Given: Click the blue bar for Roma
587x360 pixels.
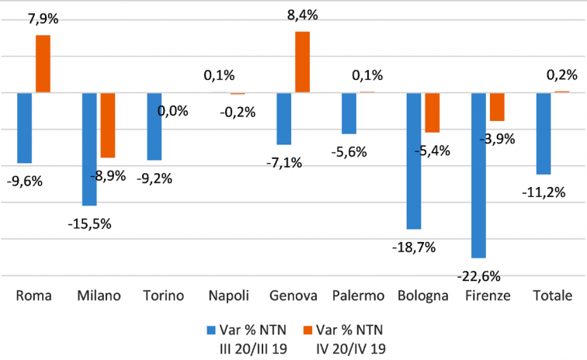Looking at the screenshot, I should [x=24, y=128].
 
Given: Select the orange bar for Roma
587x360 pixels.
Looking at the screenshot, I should [x=43, y=64].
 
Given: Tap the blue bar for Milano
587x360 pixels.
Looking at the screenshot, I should [x=89, y=149].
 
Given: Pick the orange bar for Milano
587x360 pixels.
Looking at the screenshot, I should [x=108, y=125].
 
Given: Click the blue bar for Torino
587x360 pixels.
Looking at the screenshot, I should [x=154, y=126].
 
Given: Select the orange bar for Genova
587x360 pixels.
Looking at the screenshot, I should [x=302, y=62].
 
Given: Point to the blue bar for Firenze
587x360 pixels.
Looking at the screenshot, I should [x=478, y=175].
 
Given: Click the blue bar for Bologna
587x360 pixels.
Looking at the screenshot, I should [x=413, y=161].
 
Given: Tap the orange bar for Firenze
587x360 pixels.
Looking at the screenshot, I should [x=497, y=107].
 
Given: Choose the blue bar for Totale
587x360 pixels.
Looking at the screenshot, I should [x=544, y=133].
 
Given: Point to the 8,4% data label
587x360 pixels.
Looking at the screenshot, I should [x=302, y=14].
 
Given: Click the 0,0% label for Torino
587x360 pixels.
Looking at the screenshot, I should [x=172, y=111].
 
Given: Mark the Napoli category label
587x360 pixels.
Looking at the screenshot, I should [x=228, y=296].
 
